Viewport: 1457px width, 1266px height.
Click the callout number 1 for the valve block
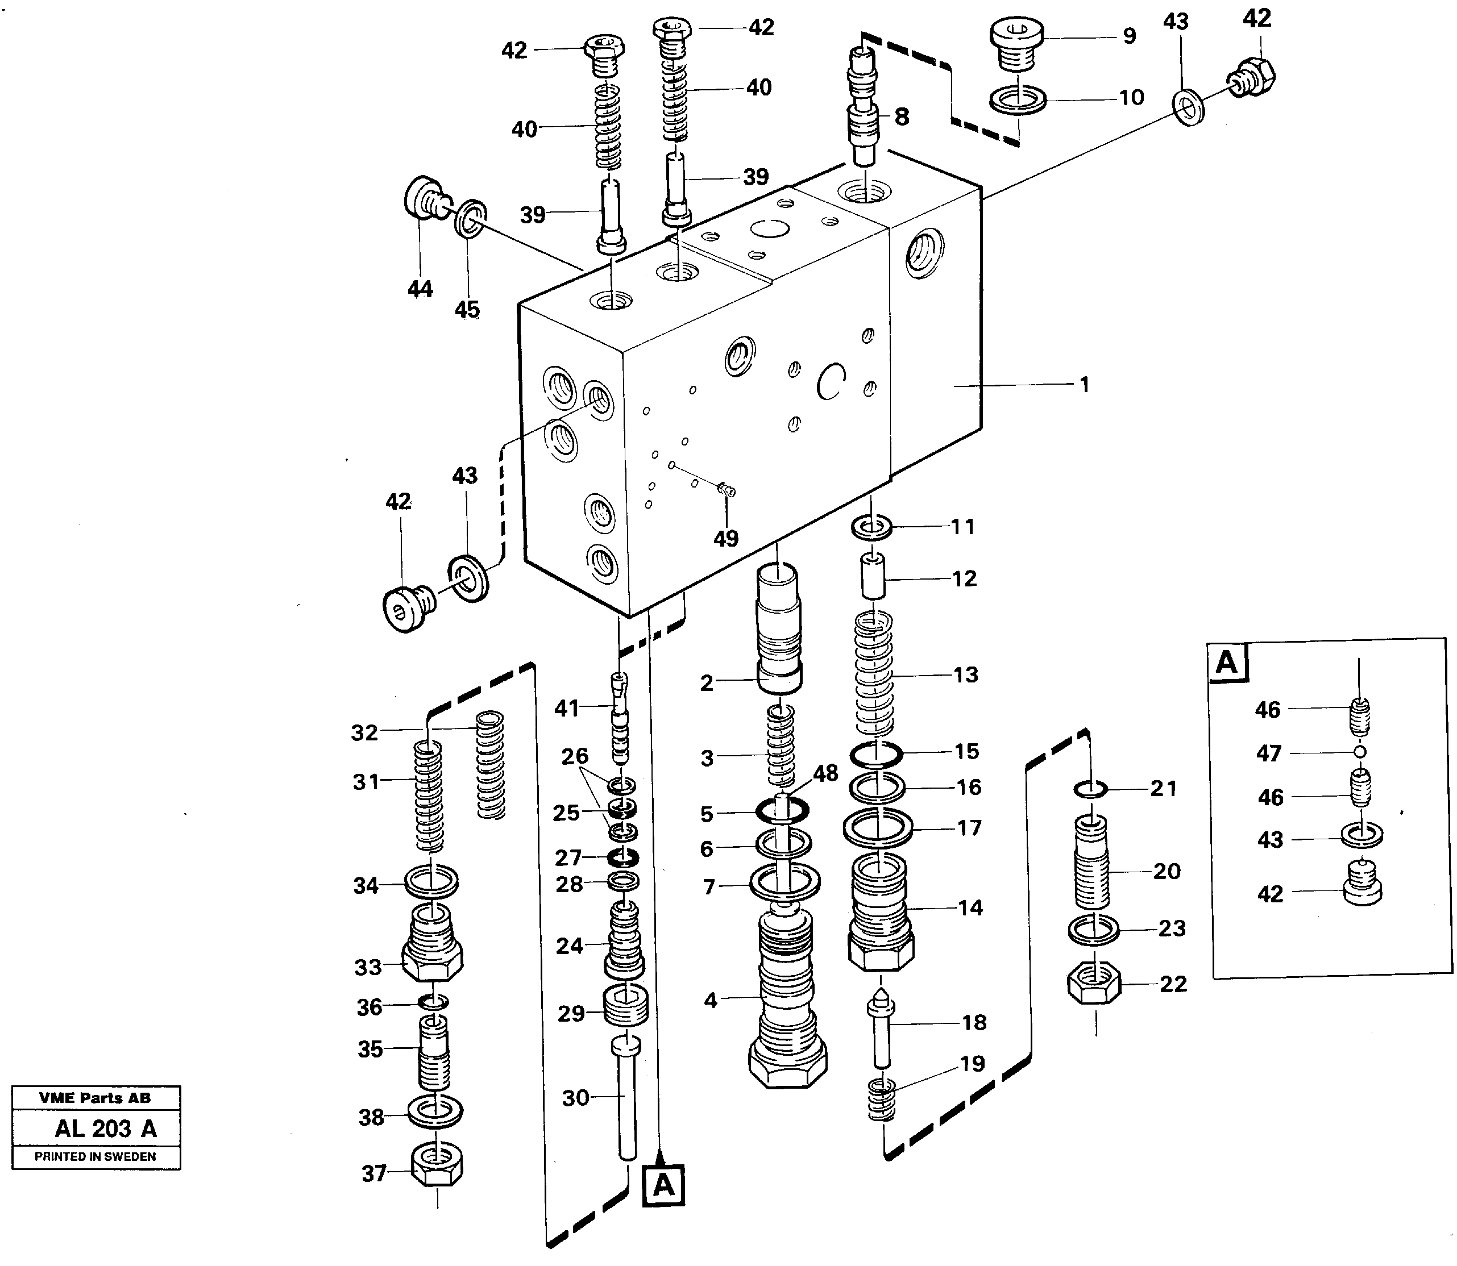(x=1084, y=385)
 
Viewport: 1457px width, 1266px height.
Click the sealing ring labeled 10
(x=1018, y=101)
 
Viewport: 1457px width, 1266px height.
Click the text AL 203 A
(x=106, y=1128)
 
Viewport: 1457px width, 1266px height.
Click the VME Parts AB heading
(x=95, y=1098)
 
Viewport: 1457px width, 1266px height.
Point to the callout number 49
(x=726, y=538)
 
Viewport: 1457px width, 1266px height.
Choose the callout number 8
(x=902, y=116)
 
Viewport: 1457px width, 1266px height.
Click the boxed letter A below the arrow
(x=663, y=1185)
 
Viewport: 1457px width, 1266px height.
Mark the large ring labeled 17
(x=878, y=827)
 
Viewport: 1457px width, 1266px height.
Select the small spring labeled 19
(x=882, y=1098)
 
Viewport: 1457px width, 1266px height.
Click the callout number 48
(x=825, y=773)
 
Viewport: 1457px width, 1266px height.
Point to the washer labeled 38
(x=436, y=1111)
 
